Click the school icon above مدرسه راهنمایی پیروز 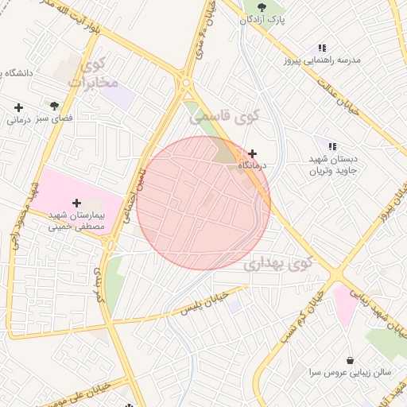coord(322,48)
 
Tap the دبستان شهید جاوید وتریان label coord(335,164)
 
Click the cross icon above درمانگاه coord(253,153)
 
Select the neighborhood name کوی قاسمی coord(226,117)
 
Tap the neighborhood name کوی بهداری coord(278,263)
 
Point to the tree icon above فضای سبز coord(54,105)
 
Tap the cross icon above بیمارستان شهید coord(76,203)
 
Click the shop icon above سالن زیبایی coord(350,359)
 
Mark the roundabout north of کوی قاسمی coord(186,82)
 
